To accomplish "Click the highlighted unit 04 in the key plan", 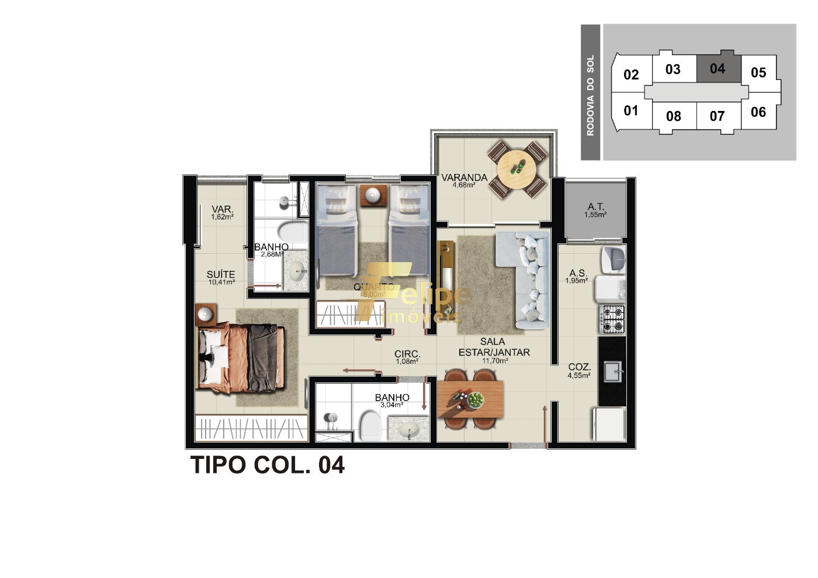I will click(x=718, y=69).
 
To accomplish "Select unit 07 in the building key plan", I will click(x=718, y=116).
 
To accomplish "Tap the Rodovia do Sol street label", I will click(x=590, y=95).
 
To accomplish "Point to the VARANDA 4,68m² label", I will click(x=464, y=180).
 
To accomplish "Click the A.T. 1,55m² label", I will click(x=595, y=210).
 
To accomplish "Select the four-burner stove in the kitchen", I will click(x=613, y=319).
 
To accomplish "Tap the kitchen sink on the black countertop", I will click(x=612, y=371).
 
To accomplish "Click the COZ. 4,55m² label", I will click(x=579, y=371).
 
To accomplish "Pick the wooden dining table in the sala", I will click(x=470, y=399).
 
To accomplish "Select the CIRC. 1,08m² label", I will click(x=407, y=357).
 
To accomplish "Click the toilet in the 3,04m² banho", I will click(x=369, y=424).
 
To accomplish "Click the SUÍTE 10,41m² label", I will click(x=221, y=277).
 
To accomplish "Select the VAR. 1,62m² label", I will click(x=222, y=213).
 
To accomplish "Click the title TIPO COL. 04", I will click(x=268, y=465).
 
